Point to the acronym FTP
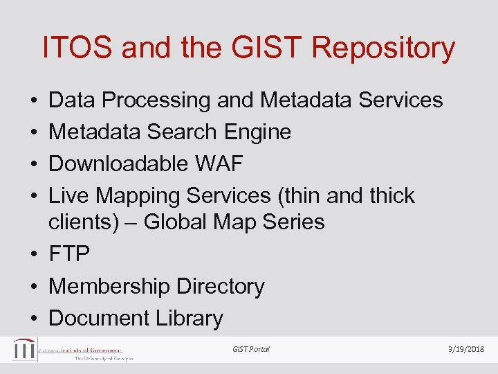69,254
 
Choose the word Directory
221,286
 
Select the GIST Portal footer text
251,349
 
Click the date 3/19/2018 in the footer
466,349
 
